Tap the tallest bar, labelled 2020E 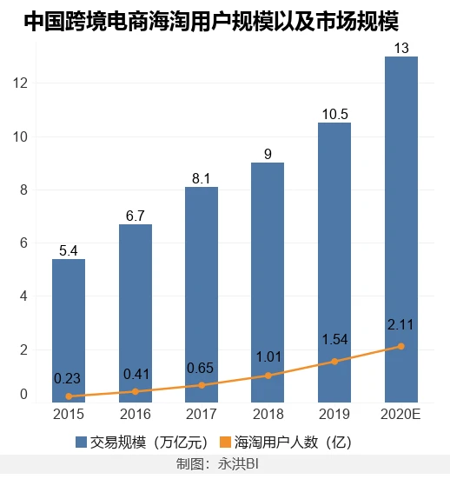pos(400,226)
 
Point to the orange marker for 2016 pos(135,391)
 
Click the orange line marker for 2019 pos(334,362)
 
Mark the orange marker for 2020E pos(400,346)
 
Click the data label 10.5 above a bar pos(334,115)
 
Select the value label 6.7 pos(135,216)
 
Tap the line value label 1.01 pos(268,355)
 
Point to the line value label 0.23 pos(69,378)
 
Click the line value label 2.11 pos(400,326)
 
